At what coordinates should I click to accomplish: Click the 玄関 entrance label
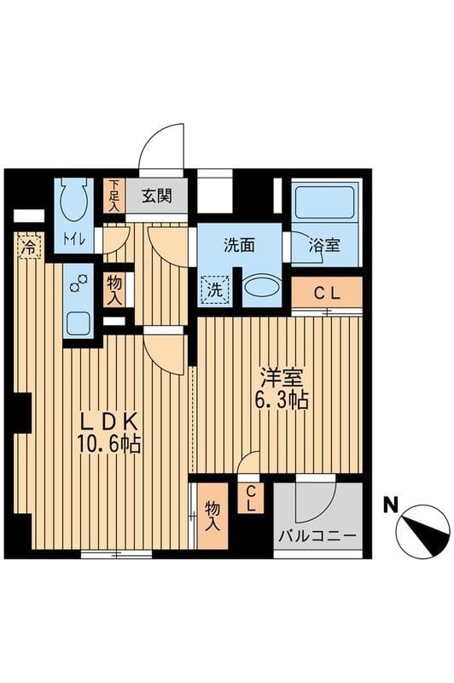coord(157,196)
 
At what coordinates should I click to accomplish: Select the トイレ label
coord(74,239)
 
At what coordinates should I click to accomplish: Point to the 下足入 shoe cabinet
coord(114,196)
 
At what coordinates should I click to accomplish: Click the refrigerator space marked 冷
coord(30,247)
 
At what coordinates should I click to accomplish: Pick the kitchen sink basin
coord(79,324)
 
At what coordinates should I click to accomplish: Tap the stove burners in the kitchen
coord(79,283)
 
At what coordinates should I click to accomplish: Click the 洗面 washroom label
coord(239,246)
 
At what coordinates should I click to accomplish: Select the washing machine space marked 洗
coord(214,290)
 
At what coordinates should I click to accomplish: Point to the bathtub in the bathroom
coord(324,202)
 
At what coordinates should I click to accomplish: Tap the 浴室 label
coord(324,246)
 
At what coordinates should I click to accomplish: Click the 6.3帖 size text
coord(282,400)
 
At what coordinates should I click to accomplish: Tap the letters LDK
coord(111,422)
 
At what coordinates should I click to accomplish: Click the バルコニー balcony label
coord(317,535)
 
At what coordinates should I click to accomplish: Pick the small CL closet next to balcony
coord(251,499)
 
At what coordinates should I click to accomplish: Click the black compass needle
coord(427,532)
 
